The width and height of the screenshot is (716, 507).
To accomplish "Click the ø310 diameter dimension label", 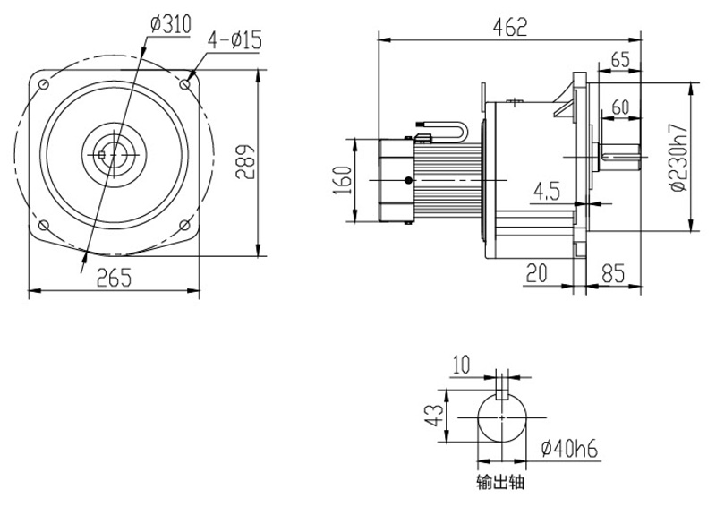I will tap(170, 25).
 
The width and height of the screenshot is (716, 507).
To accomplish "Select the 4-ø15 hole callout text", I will tap(234, 39).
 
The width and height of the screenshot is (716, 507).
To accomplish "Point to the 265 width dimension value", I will tap(115, 278).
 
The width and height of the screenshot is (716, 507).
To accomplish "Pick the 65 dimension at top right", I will tap(619, 60).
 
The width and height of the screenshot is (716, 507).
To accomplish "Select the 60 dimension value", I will tap(620, 107).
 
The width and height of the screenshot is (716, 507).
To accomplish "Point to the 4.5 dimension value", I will tap(546, 191).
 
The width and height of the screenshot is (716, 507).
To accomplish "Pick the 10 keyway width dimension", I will tap(461, 365).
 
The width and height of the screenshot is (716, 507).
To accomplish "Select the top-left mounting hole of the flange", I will tap(42, 83).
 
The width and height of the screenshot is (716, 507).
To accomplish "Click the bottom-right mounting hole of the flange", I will tap(184, 225).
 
